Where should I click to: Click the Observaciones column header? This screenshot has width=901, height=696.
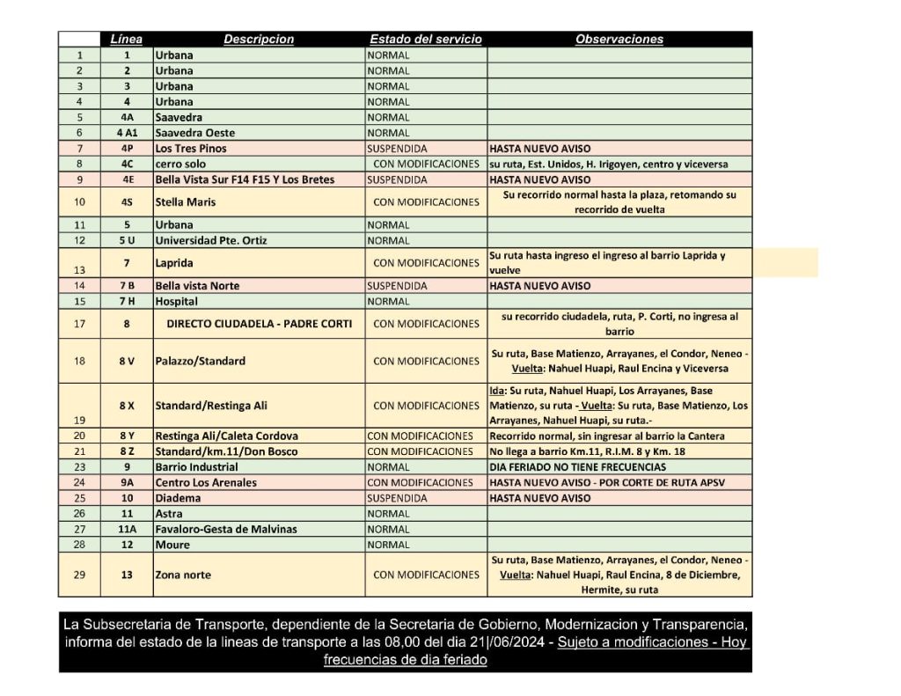pos(619,40)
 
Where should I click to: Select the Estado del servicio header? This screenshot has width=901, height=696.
pos(426,40)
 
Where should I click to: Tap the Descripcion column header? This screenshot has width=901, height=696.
pos(259,40)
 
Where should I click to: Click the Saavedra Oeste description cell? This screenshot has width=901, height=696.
pos(195,133)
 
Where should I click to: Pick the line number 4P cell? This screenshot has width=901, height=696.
pos(127,149)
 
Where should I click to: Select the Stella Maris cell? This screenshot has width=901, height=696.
pos(187,202)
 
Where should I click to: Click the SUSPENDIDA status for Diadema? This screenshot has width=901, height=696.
pos(397,498)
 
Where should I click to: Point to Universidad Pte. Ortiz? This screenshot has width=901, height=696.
pos(211,241)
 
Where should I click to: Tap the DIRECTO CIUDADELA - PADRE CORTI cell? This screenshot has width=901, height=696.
pos(260,324)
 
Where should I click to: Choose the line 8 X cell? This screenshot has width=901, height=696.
pos(127,406)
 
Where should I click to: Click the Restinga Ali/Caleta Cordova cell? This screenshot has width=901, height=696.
pos(226,436)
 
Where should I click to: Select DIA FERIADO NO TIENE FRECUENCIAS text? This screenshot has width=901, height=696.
pos(578,467)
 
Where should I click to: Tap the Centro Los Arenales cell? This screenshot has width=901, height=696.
pos(206,482)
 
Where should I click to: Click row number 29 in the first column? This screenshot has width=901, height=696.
pos(80,575)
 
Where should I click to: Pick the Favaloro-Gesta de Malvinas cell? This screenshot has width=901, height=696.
pos(226,529)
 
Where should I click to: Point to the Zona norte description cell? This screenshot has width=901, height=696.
pos(184,575)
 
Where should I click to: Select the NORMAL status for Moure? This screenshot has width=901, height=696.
pos(388,545)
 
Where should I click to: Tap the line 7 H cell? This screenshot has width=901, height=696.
pos(127,301)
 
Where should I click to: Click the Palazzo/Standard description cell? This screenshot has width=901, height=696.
pos(200,361)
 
